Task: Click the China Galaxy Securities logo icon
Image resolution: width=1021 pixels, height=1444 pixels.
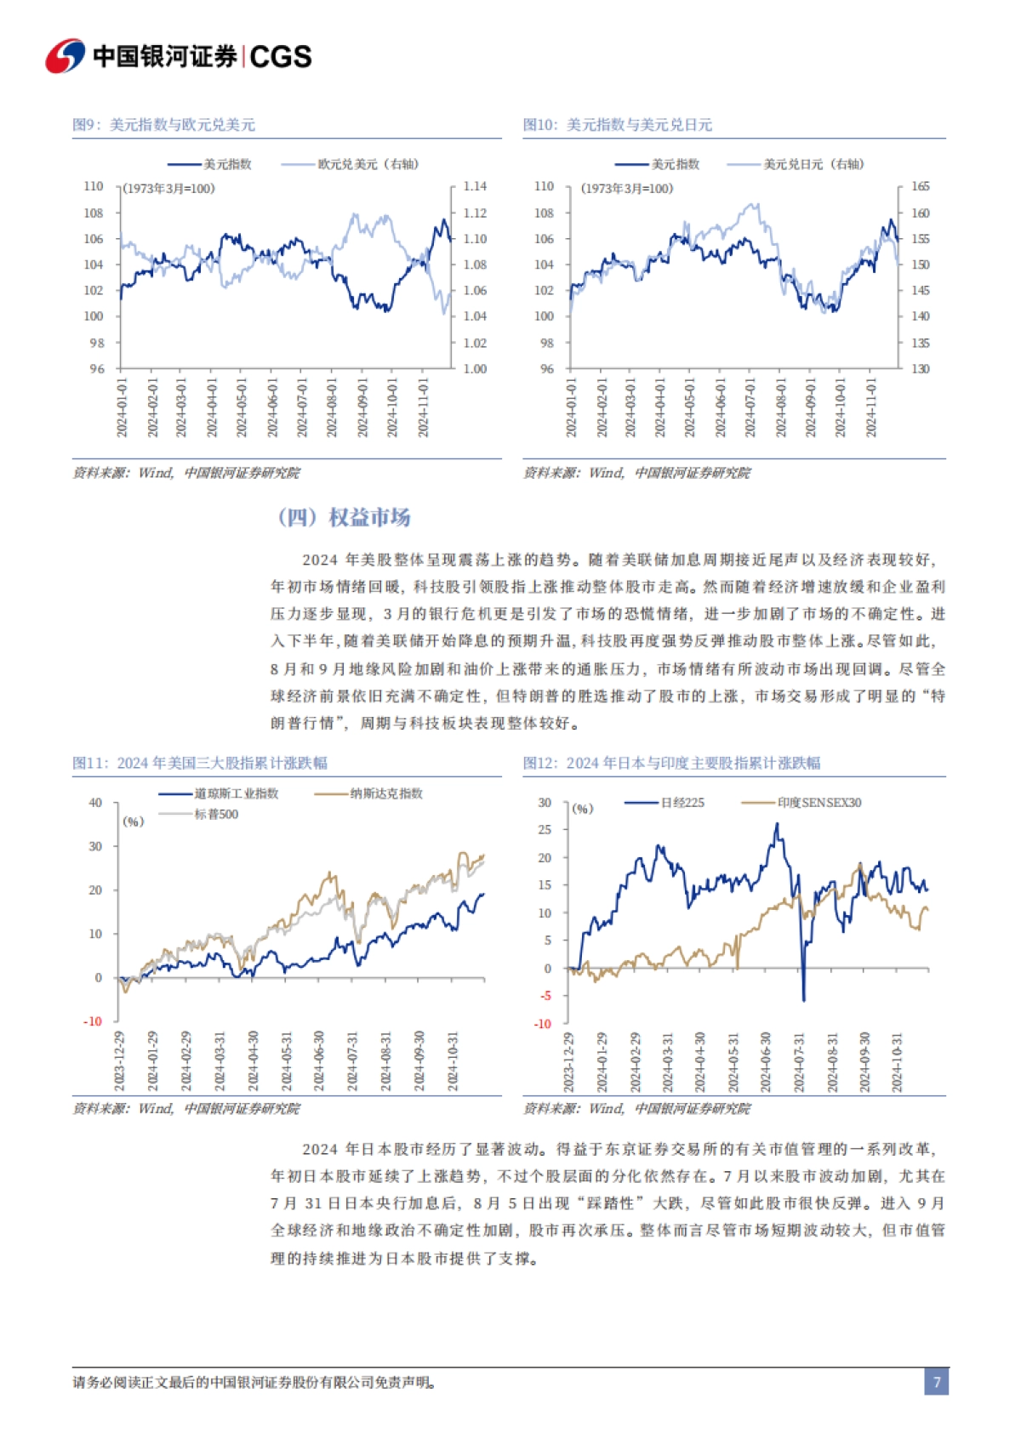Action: point(66,56)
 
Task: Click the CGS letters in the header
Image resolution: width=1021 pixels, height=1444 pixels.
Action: point(281,57)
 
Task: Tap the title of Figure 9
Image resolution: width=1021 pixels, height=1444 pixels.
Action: point(163,125)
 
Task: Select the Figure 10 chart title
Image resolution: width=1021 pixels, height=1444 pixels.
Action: point(617,125)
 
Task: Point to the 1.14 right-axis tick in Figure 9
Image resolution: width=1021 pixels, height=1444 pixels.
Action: point(475,186)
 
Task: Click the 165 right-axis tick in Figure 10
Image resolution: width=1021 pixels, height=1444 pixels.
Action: point(921,186)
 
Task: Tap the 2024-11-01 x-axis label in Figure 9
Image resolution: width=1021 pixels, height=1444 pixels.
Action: point(423,408)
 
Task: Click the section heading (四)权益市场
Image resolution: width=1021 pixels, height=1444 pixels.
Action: point(345,517)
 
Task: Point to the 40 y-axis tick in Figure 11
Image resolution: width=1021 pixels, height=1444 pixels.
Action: point(95,803)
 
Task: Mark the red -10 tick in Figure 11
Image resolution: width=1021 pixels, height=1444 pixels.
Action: point(93,1021)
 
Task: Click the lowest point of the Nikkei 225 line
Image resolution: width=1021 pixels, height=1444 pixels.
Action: point(803,1000)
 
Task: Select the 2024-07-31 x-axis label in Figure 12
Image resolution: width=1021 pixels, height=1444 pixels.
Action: point(799,1063)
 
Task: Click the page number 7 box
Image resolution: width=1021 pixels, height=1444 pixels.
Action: point(936,1382)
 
